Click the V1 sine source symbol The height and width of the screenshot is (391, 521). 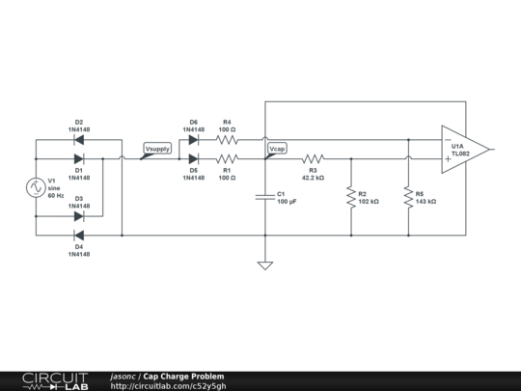tap(36, 187)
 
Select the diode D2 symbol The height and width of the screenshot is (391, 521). tap(79, 139)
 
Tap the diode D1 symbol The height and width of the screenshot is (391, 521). tap(79, 158)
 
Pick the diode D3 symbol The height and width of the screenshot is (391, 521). tap(79, 215)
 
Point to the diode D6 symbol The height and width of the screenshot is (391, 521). tap(193, 139)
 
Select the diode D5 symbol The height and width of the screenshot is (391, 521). tap(193, 158)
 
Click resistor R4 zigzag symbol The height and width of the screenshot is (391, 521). tap(227, 139)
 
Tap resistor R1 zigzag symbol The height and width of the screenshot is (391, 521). tap(227, 158)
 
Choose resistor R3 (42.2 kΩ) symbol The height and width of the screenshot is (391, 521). tap(313, 158)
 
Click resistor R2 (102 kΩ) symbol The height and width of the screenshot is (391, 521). tap(350, 197)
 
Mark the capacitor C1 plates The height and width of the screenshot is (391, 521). tap(265, 197)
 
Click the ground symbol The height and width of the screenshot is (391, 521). tap(265, 265)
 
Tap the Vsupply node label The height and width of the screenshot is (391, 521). tap(156, 150)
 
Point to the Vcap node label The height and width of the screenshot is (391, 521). tap(277, 150)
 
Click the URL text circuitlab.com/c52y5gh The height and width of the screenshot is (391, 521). tap(170, 385)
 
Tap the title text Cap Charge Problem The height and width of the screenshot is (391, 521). tap(184, 376)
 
